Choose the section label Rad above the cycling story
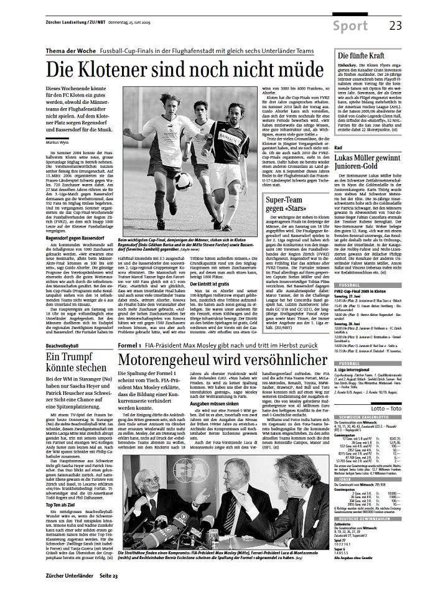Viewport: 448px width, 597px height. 339,164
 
